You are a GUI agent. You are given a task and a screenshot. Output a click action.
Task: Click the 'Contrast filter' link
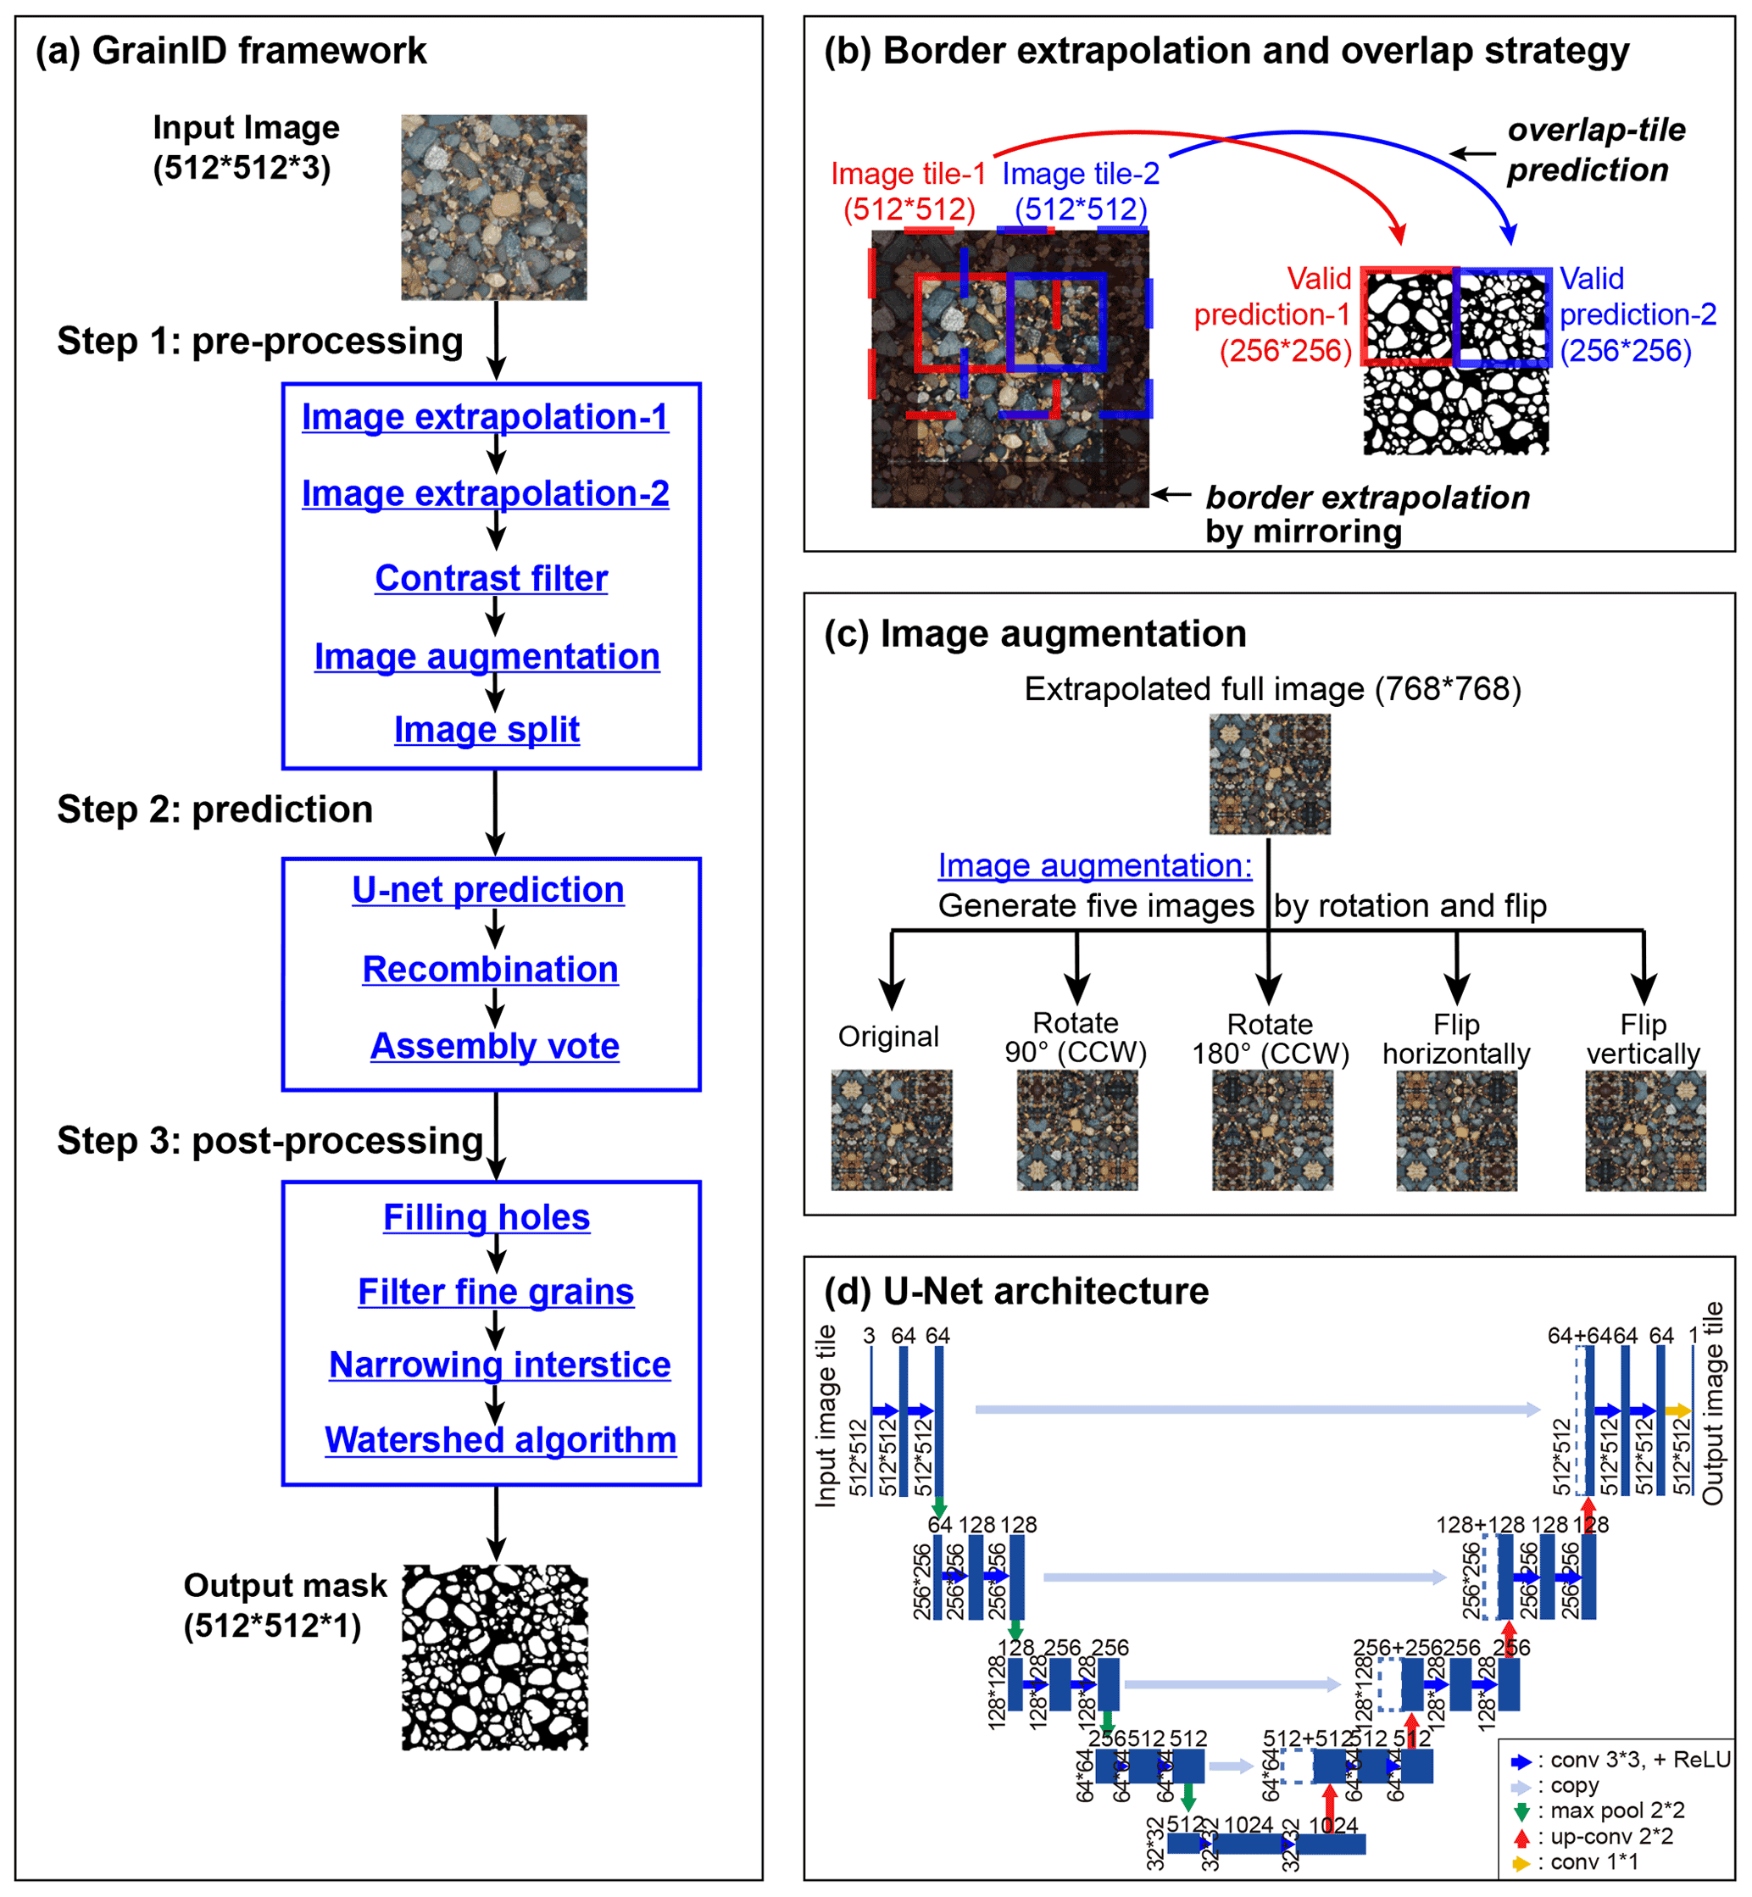tap(491, 578)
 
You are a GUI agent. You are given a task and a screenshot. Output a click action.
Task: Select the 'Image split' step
tap(487, 729)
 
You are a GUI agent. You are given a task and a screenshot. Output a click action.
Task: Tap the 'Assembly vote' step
tap(494, 1046)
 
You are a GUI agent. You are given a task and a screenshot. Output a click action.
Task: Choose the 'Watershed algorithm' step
tap(501, 1439)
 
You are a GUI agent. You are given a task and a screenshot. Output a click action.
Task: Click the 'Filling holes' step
tap(487, 1217)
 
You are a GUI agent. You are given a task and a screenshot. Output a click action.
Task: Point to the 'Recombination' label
tap(490, 969)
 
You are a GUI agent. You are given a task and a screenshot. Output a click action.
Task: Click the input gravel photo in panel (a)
tap(493, 208)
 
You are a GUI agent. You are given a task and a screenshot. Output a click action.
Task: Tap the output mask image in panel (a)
tap(494, 1657)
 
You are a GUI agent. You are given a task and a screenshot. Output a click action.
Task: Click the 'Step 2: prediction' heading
tap(215, 809)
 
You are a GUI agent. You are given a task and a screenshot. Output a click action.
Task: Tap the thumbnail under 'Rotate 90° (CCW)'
tap(1077, 1130)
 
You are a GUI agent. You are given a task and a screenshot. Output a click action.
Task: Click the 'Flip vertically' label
tap(1643, 1039)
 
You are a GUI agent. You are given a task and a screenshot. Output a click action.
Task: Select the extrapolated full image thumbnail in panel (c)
tap(1270, 774)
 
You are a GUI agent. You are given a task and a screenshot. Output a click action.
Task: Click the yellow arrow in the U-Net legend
tap(1521, 1863)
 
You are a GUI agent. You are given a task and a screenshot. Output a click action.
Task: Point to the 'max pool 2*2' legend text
tap(1617, 1811)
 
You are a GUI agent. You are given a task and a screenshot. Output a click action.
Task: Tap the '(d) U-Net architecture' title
tap(1016, 1291)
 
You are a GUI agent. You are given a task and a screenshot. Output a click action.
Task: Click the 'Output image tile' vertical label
tap(1712, 1403)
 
